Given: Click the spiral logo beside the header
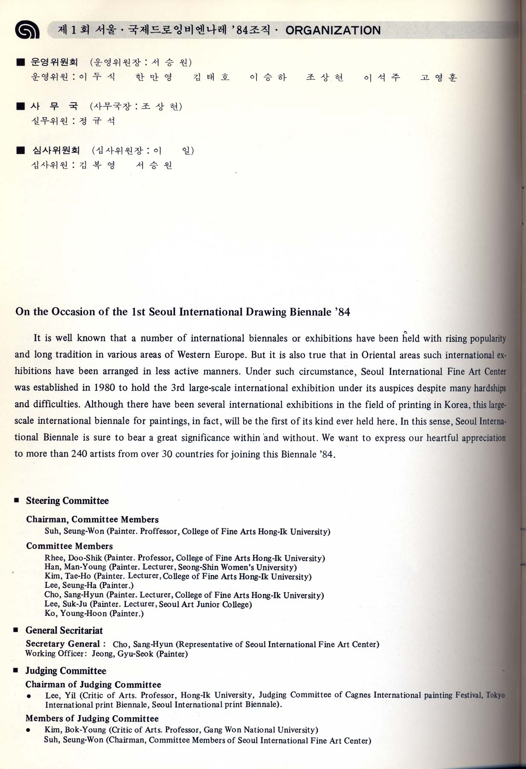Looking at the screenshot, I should point(27,30).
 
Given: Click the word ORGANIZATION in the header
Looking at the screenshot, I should point(333,30).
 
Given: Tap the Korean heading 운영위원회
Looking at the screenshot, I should point(54,62).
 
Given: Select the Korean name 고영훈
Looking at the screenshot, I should point(439,77).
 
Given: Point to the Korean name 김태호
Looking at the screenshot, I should point(211,77).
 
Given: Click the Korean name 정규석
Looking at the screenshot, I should point(97,121).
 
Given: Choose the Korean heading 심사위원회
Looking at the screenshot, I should point(56,150).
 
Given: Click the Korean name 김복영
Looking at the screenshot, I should point(97,165).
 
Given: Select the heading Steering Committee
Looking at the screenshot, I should point(67,501).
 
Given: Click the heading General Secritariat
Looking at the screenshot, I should point(64,631).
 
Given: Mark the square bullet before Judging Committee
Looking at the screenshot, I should point(16,671).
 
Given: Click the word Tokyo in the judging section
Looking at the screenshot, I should point(495,696).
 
